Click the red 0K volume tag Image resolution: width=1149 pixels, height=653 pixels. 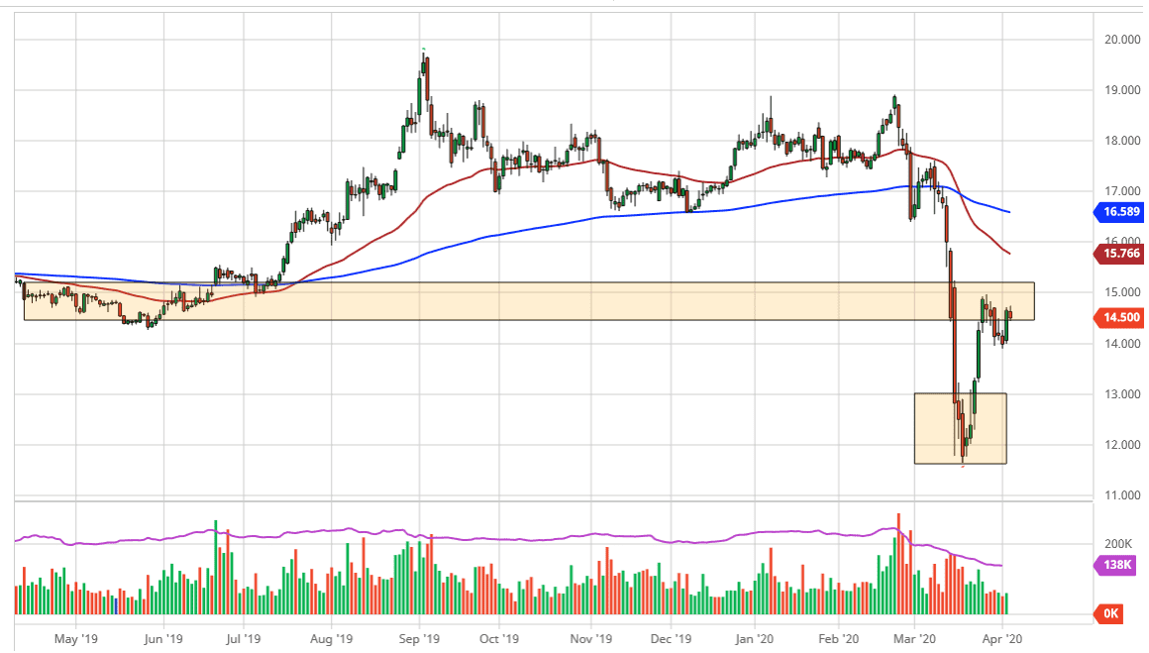tap(1111, 614)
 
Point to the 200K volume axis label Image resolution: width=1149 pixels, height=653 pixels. tap(1118, 544)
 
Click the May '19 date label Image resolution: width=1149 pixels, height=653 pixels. tap(75, 639)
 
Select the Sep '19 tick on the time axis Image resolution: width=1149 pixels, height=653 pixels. tap(419, 639)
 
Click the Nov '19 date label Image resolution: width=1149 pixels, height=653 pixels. tap(588, 639)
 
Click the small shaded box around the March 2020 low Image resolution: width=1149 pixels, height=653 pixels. tap(960, 428)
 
